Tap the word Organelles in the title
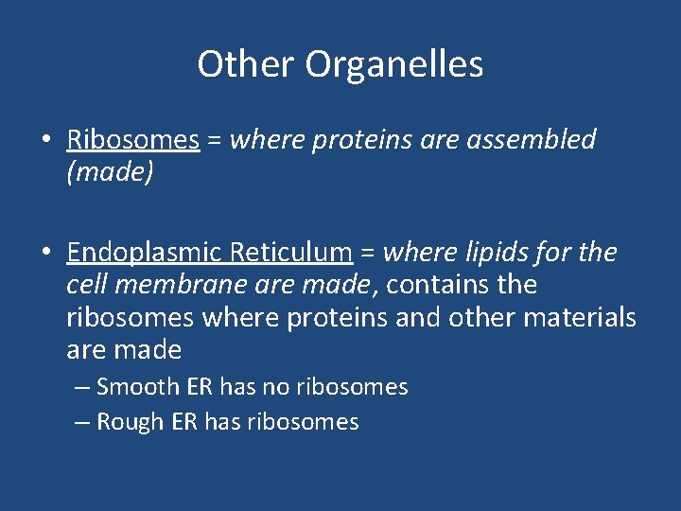point(394,65)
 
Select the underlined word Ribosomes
point(133,140)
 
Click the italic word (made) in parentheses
point(110,173)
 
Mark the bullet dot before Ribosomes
point(46,141)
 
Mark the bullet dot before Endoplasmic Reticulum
point(46,254)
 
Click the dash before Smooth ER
point(82,387)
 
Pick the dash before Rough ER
point(82,423)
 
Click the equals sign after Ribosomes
point(215,141)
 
